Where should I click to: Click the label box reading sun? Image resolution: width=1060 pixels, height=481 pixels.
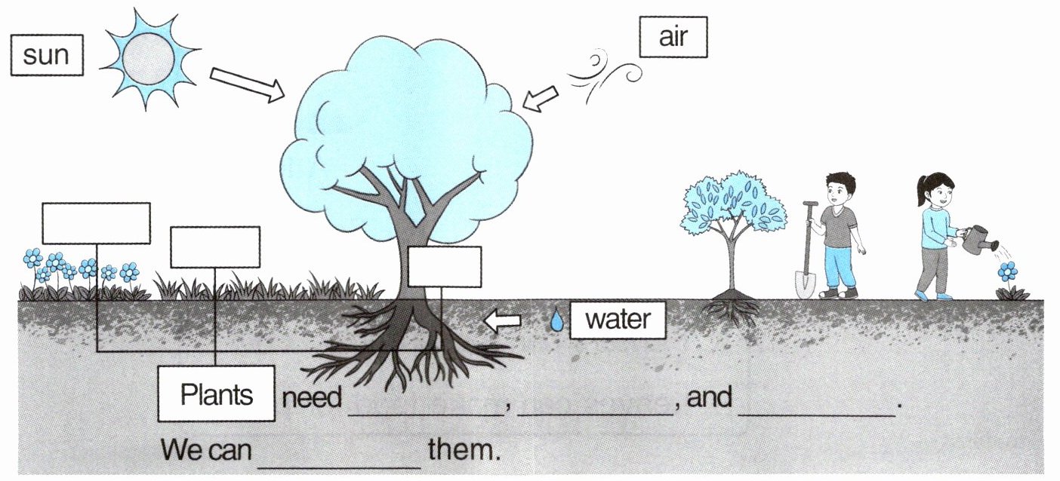coord(46,56)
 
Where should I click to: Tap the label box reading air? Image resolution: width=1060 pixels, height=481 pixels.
coord(673,37)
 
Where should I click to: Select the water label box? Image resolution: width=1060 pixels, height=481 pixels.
coord(617,320)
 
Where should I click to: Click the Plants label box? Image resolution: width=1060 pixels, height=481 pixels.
coord(216,394)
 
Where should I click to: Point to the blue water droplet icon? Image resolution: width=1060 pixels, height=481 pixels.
coord(556,320)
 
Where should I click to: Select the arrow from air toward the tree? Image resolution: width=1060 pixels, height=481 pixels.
coord(541,99)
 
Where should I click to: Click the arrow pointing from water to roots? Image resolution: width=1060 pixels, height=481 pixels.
coord(502,320)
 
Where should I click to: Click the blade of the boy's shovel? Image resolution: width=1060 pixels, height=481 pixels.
coord(805,283)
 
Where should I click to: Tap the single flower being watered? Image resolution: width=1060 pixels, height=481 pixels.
coord(1007,273)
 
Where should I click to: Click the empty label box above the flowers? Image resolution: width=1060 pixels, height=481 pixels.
coord(96,223)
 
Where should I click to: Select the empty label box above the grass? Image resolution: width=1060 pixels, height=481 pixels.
coord(215,247)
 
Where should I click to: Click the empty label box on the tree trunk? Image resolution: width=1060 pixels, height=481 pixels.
coord(445,266)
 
